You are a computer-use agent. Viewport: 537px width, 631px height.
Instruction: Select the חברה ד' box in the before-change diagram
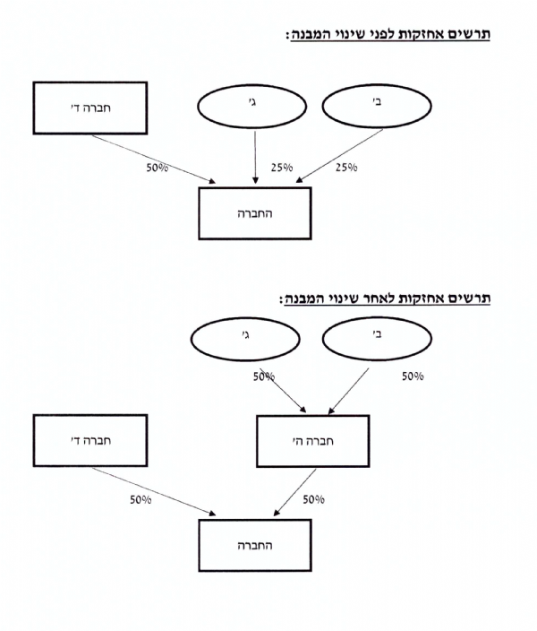[x=89, y=108]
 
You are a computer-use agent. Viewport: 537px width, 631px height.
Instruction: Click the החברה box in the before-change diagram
[x=254, y=214]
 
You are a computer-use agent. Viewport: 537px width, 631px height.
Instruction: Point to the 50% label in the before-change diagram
[x=158, y=167]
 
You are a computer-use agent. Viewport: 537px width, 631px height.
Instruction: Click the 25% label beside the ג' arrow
[x=283, y=167]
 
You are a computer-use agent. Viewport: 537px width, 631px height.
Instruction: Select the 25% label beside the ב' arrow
[x=346, y=167]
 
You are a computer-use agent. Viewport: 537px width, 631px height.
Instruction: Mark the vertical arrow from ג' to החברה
[x=256, y=157]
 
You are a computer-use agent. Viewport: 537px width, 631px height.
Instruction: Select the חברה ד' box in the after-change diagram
[x=89, y=441]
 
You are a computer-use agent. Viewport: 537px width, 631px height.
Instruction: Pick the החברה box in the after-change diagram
[x=254, y=544]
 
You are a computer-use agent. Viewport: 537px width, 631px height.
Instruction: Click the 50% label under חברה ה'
[x=313, y=499]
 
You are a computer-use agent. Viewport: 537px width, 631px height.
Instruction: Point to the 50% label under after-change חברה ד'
[x=141, y=499]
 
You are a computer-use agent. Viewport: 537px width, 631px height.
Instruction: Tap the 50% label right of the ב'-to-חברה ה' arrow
[x=413, y=376]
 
